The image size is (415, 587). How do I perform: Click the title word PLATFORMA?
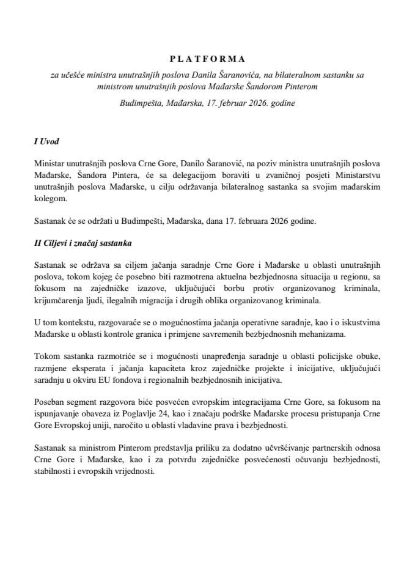coord(207,59)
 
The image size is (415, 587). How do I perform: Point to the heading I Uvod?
coord(46,142)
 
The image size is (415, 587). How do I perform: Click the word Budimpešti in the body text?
coord(164,222)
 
